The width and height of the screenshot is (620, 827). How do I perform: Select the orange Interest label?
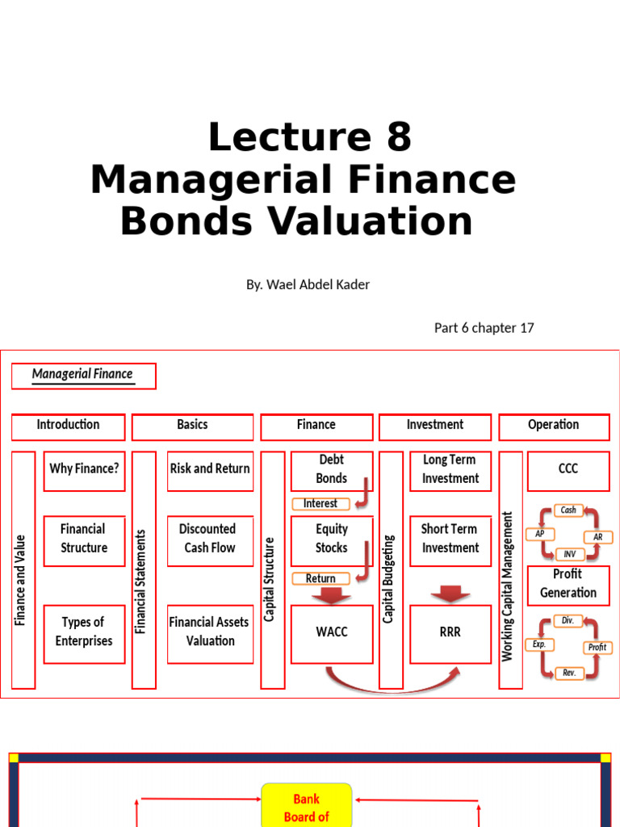(320, 504)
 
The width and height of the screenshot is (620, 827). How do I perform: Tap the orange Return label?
(320, 578)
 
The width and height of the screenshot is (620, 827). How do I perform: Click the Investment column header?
(435, 426)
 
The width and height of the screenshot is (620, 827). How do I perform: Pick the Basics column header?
(192, 426)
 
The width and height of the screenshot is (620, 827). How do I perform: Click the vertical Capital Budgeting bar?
(390, 569)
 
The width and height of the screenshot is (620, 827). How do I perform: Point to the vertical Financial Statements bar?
(143, 569)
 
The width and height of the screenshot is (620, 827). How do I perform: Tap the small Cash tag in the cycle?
(568, 510)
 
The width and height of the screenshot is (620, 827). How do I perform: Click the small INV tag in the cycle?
(569, 554)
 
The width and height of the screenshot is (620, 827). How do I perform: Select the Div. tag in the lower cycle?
(568, 621)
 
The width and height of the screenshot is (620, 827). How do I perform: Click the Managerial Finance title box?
(83, 375)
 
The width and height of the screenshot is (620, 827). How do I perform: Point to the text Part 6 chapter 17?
(484, 328)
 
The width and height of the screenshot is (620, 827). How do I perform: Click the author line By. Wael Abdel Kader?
(308, 284)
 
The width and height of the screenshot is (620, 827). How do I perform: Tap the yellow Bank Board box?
(307, 806)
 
